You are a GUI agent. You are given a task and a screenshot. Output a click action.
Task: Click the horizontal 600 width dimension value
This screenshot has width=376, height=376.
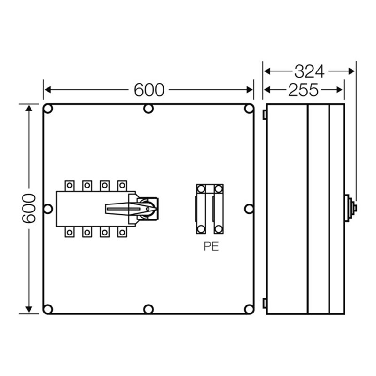149,90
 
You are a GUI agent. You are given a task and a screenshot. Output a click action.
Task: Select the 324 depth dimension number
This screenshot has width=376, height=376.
309,71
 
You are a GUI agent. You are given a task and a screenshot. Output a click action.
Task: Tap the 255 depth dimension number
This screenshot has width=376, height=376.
303,89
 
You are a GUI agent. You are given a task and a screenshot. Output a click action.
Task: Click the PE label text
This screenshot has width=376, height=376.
211,247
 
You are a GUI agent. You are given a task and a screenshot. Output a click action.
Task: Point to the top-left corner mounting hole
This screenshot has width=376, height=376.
48,109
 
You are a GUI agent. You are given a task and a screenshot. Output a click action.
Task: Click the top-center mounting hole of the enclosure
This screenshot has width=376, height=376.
149,109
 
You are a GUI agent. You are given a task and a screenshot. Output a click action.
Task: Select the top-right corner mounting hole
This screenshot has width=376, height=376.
249,109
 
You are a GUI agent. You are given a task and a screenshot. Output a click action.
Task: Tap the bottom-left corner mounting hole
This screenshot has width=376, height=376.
48,309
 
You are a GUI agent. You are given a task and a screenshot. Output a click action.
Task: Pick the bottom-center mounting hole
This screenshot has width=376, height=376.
149,309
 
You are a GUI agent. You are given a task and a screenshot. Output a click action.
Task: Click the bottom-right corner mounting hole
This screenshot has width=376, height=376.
249,309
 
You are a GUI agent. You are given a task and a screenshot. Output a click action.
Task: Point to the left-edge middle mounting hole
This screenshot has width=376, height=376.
48,209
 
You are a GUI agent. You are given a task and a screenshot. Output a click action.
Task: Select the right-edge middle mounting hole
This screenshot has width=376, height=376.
249,209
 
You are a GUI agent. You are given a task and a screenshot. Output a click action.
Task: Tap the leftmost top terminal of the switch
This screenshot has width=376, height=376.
70,186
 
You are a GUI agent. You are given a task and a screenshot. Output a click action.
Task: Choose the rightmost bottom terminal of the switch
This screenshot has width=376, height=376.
122,232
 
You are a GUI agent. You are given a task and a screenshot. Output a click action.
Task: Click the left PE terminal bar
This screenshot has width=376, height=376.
201,209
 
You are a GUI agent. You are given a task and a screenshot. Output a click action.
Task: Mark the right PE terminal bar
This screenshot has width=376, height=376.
218,209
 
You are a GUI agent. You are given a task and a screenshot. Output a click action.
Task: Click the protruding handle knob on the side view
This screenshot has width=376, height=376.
351,208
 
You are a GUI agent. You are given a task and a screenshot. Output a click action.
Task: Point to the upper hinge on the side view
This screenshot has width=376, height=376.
265,114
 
